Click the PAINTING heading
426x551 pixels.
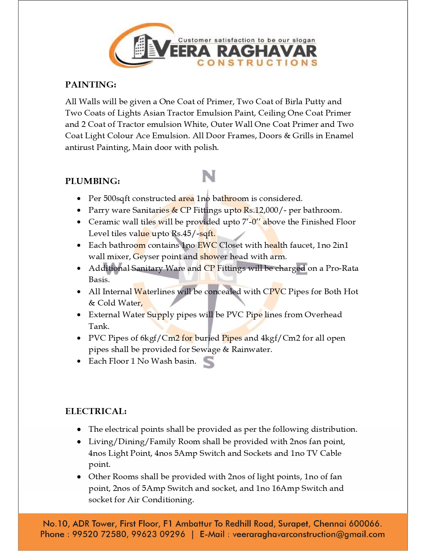pyautogui.click(x=91, y=85)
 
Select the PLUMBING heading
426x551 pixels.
pyautogui.click(x=93, y=181)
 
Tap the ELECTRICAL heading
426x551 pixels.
pyautogui.click(x=96, y=411)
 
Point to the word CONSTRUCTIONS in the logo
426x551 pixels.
pyautogui.click(x=257, y=63)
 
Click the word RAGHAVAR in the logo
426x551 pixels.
pyautogui.click(x=267, y=51)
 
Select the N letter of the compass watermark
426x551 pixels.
pyautogui.click(x=209, y=176)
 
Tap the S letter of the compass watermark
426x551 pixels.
pyautogui.click(x=209, y=362)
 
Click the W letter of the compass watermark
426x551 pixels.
pyautogui.click(x=113, y=268)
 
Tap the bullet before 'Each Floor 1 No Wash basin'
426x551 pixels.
pyautogui.click(x=79, y=361)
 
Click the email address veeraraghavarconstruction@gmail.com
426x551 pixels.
pyautogui.click(x=308, y=534)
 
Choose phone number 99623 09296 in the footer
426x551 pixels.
pyautogui.click(x=158, y=534)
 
